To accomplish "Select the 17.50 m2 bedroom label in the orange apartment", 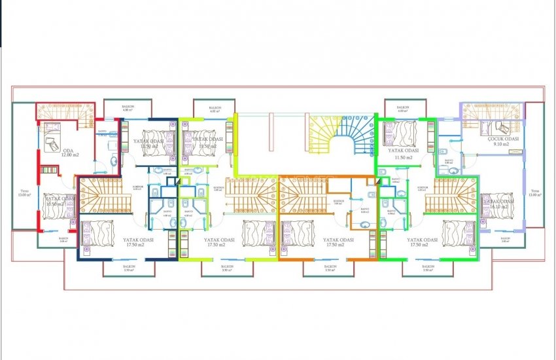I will click(338, 243).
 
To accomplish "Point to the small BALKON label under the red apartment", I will click(63, 240).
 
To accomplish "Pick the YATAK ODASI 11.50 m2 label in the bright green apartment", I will click(400, 154).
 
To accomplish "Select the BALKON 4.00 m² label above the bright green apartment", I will click(401, 109).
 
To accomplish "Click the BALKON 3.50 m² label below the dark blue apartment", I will click(128, 268).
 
